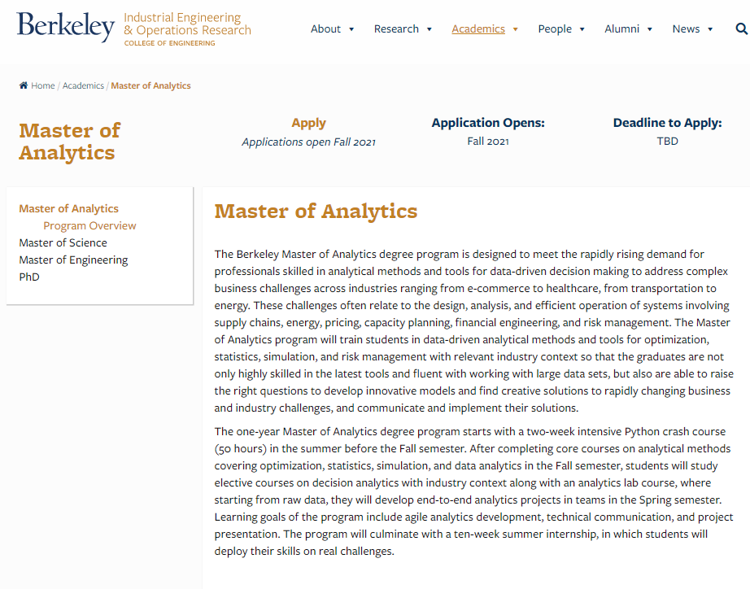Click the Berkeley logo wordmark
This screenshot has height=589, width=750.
[x=65, y=27]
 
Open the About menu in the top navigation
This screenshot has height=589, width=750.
[x=325, y=29]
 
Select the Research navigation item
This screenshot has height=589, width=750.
[x=396, y=29]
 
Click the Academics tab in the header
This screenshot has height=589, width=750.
[x=478, y=29]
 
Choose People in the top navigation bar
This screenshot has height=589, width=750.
[x=555, y=29]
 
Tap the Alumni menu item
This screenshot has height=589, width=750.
[x=622, y=29]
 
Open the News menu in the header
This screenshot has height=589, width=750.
[x=686, y=29]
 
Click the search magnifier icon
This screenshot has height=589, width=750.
[x=741, y=29]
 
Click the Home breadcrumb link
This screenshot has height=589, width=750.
[x=43, y=86]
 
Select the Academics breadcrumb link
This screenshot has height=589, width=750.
[x=83, y=86]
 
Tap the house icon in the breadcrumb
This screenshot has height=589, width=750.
[x=24, y=85]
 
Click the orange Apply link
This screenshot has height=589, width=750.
[x=308, y=124]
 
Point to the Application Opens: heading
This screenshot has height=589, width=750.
[x=488, y=124]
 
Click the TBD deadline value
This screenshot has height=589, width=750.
[x=667, y=142]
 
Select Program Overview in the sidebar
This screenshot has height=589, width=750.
[x=89, y=226]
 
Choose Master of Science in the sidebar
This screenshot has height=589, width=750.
[x=63, y=243]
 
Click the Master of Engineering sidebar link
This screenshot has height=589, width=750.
[x=73, y=260]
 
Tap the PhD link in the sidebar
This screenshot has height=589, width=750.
[x=29, y=277]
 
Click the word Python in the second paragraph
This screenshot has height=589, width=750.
[x=642, y=432]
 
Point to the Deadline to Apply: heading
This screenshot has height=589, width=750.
[x=667, y=124]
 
